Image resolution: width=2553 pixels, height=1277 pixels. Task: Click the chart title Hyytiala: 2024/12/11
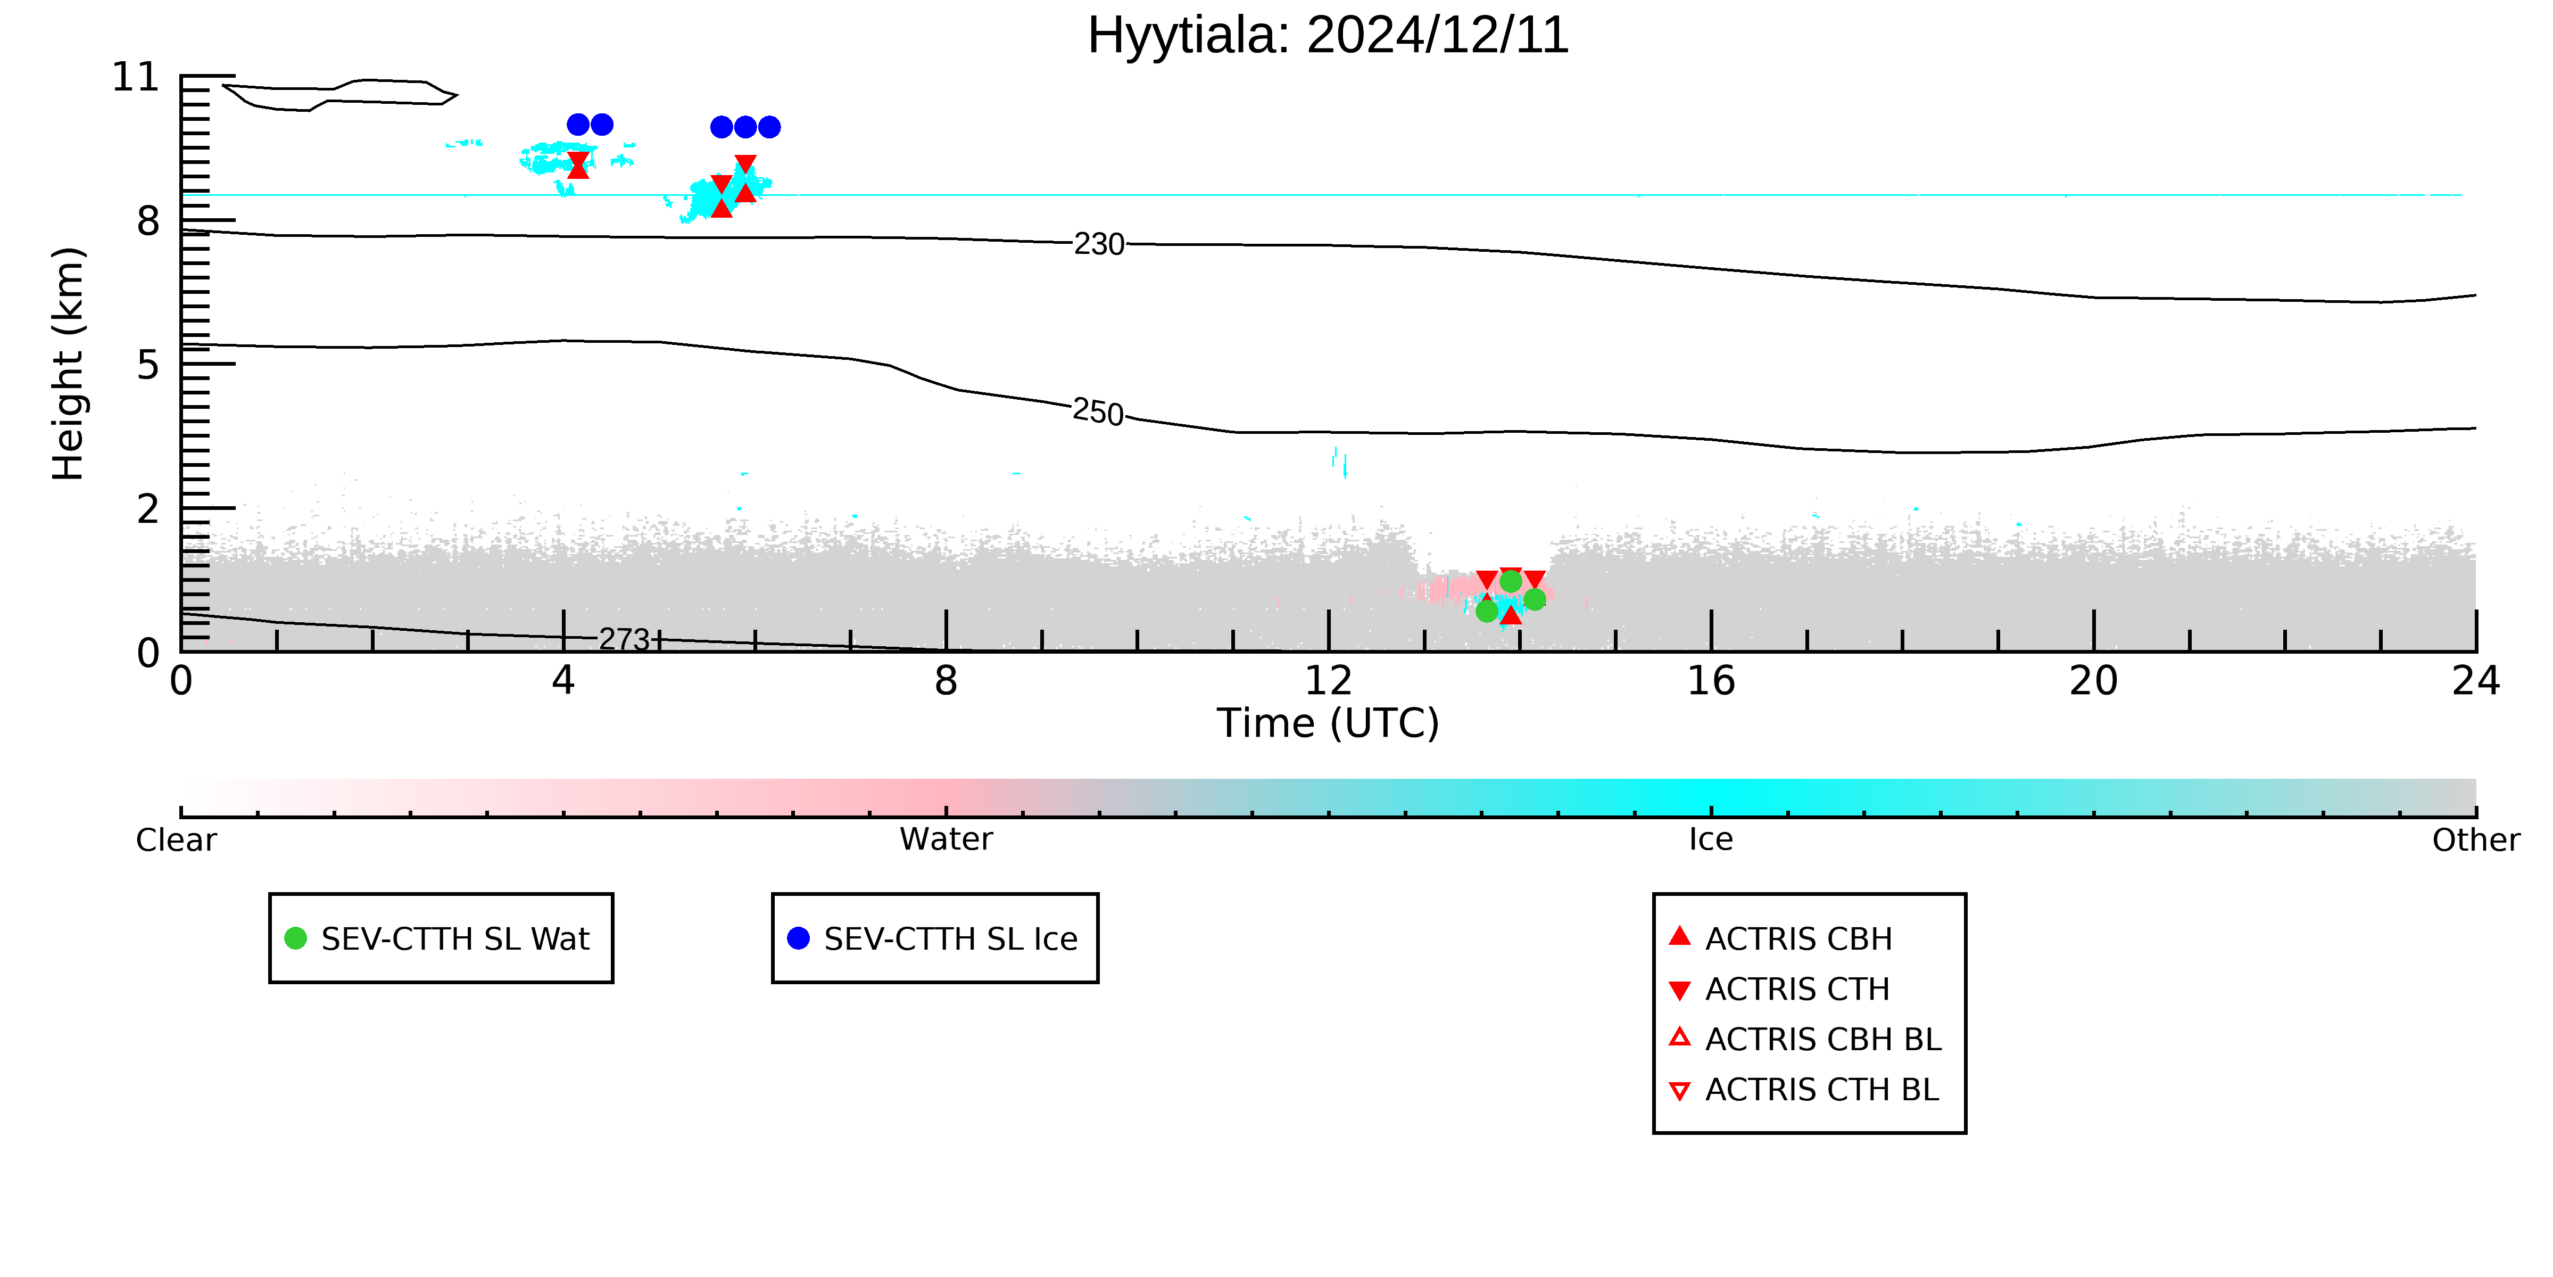[1328, 36]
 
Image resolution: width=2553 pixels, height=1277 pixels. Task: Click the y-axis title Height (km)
[69, 364]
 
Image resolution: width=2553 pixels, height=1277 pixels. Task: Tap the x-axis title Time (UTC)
[1328, 723]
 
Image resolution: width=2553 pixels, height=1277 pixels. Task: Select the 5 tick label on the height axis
[148, 365]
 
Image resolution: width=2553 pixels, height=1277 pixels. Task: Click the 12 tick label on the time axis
[1328, 681]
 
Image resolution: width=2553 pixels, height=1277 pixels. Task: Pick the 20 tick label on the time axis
[2093, 681]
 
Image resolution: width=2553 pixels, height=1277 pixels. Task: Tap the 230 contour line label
[1099, 244]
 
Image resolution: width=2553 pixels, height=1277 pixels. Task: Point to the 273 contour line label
[624, 639]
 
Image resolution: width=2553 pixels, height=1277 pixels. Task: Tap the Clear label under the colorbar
[177, 840]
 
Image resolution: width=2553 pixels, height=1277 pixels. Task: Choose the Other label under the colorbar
[2476, 840]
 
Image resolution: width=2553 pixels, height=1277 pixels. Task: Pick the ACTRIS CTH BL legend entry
[1804, 1090]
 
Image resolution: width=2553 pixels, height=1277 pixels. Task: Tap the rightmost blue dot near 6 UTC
[769, 127]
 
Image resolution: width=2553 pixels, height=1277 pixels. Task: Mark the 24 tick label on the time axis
[2476, 681]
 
